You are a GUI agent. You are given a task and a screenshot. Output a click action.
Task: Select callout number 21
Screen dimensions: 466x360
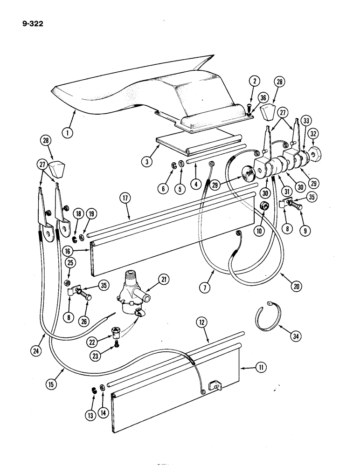[x=163, y=280]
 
